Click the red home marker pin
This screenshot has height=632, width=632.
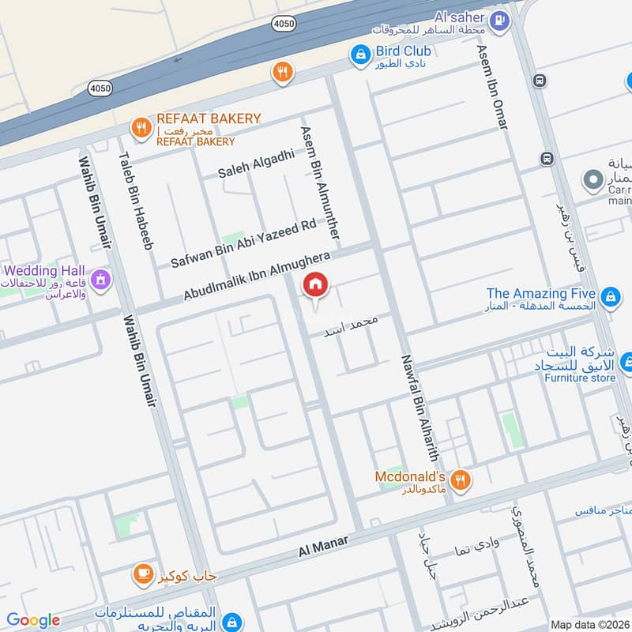click(315, 287)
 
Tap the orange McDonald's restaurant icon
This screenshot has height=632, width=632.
click(460, 479)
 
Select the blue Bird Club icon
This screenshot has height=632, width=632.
click(360, 54)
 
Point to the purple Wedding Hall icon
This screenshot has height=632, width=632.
click(100, 279)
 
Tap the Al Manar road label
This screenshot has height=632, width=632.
click(324, 546)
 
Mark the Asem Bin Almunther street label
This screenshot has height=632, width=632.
click(320, 182)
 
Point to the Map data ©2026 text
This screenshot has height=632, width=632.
click(589, 624)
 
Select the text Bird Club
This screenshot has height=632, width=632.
click(403, 51)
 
